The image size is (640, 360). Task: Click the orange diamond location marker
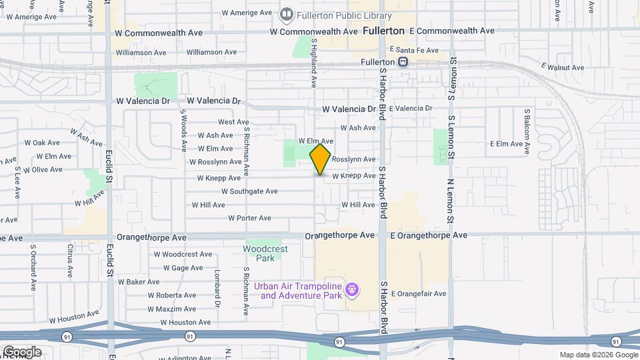coord(321,159)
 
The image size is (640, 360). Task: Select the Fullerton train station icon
coord(403,62)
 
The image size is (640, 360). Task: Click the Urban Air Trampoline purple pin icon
coord(353,290)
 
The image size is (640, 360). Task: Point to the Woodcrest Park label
coord(265,253)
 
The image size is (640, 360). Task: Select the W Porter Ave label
coord(249,218)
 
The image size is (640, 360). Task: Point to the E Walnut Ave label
coord(563,67)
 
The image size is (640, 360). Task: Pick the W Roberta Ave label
coord(171,295)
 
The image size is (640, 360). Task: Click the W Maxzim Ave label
coord(171,309)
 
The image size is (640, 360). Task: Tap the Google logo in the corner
coord(21,351)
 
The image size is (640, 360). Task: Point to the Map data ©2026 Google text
coord(598,355)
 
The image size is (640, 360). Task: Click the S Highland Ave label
coord(314,63)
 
